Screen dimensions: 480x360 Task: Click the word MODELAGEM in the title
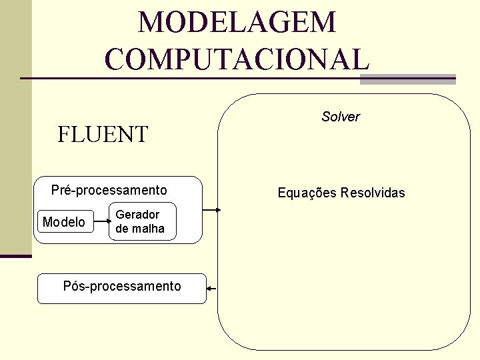pyautogui.click(x=237, y=23)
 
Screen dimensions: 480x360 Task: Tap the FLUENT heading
pyautogui.click(x=103, y=135)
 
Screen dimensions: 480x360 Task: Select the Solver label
pyautogui.click(x=340, y=117)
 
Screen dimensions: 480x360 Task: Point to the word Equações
pyautogui.click(x=307, y=193)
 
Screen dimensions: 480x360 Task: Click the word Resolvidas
pyautogui.click(x=373, y=193)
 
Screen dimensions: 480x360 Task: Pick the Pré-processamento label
pyautogui.click(x=109, y=191)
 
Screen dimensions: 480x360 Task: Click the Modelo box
pyautogui.click(x=64, y=222)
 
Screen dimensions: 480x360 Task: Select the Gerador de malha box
pyautogui.click(x=143, y=221)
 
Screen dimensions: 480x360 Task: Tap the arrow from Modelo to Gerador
pyautogui.click(x=101, y=222)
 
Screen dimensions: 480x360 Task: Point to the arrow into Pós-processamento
pyautogui.click(x=213, y=288)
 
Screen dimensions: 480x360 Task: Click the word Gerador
pyautogui.click(x=137, y=215)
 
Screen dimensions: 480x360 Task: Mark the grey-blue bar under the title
pyautogui.click(x=407, y=79)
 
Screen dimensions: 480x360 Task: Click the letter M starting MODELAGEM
pyautogui.click(x=149, y=23)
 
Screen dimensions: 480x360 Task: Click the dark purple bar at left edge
pyautogui.click(x=16, y=256)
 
